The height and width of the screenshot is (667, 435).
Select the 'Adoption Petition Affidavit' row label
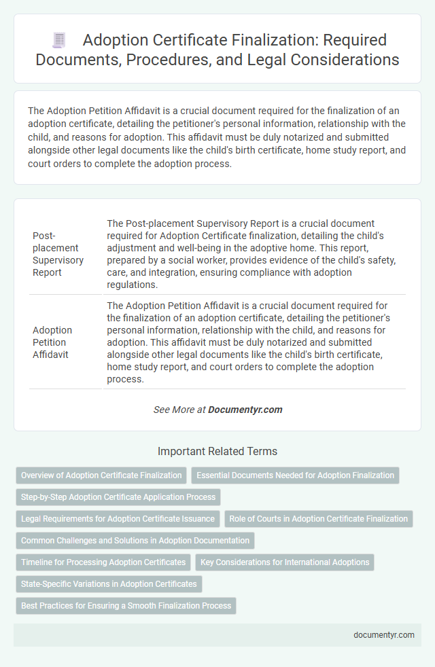(x=52, y=342)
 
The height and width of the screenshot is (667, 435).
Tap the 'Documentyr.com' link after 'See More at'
(x=245, y=410)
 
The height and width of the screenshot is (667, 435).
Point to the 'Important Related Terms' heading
(x=217, y=451)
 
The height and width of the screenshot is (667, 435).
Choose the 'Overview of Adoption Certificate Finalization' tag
(x=101, y=475)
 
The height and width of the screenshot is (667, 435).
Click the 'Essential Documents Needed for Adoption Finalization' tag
(x=295, y=475)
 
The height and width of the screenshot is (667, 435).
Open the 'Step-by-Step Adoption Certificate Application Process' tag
(x=118, y=497)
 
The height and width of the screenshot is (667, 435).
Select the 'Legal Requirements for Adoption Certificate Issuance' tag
(x=118, y=519)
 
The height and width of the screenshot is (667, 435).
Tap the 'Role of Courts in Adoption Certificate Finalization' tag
(x=318, y=519)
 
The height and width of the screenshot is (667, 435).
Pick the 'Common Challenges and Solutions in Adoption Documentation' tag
(x=135, y=541)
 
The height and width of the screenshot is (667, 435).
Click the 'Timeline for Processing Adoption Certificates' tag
(x=103, y=562)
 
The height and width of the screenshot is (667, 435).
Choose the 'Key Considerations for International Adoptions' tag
(x=284, y=562)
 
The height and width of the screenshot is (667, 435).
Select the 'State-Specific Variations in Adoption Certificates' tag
(x=109, y=584)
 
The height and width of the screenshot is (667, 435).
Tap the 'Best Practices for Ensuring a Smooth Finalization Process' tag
(x=126, y=606)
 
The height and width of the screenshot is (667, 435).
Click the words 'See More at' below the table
(x=179, y=410)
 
